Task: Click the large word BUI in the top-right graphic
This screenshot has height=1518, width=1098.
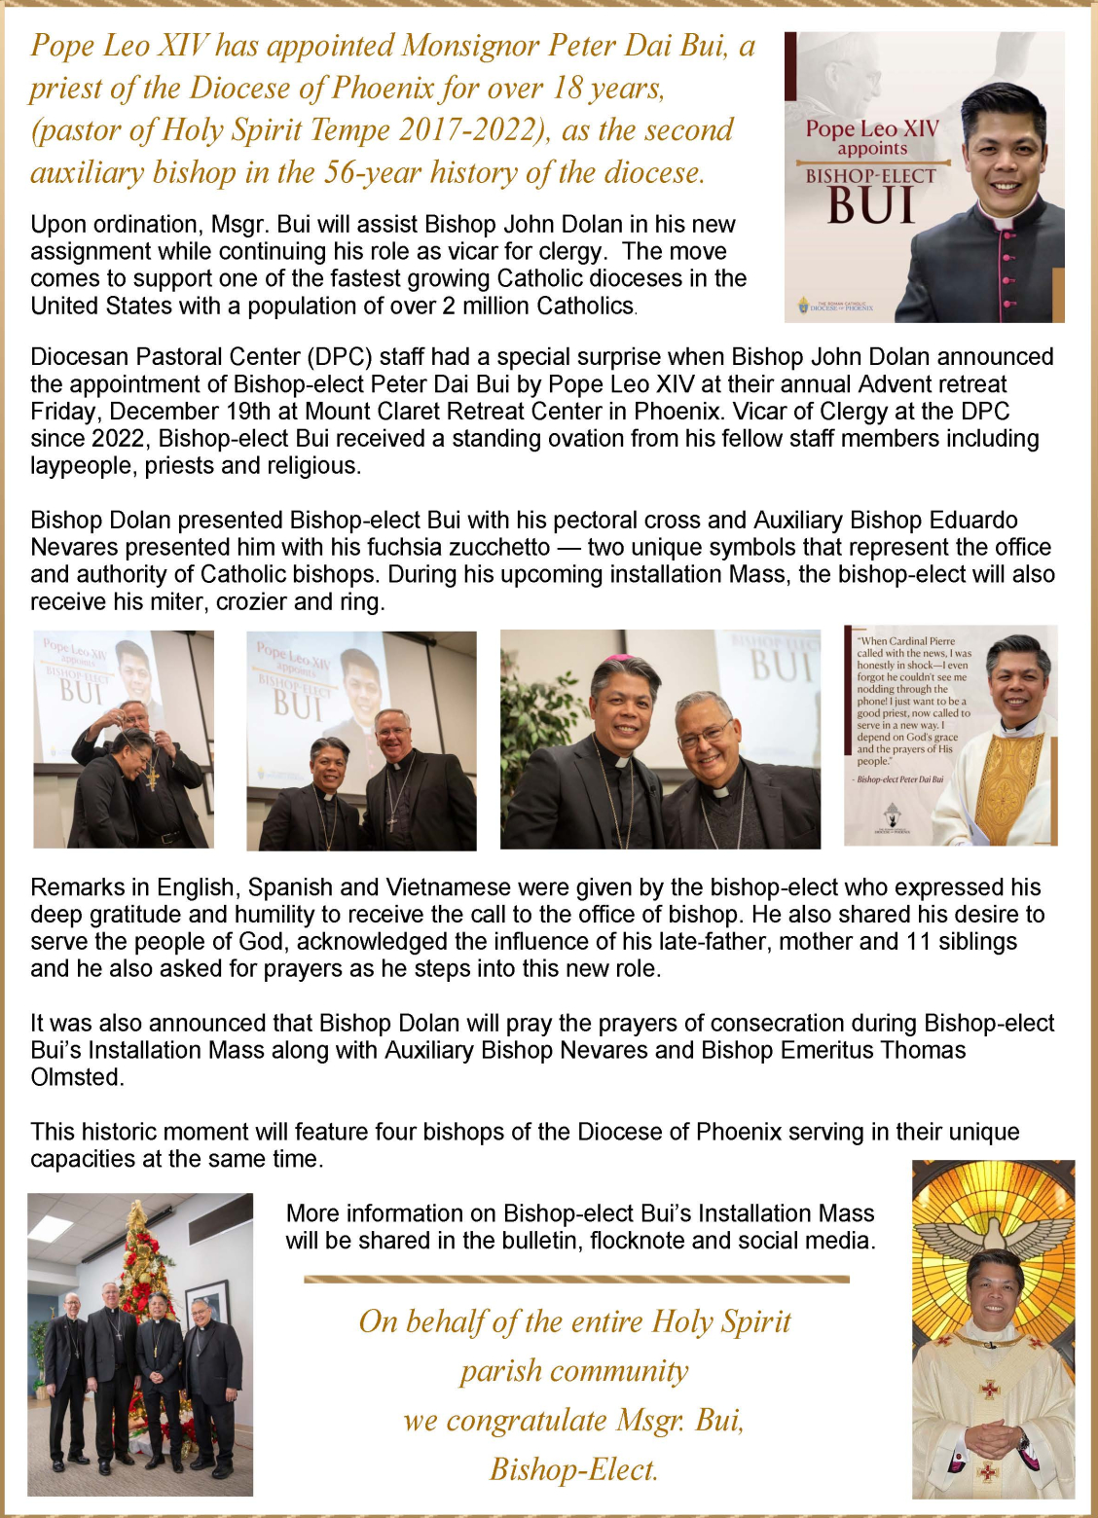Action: tap(871, 205)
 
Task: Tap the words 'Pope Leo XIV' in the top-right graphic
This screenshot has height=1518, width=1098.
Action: tap(872, 128)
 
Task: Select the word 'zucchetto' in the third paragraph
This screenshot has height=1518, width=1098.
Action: tap(498, 548)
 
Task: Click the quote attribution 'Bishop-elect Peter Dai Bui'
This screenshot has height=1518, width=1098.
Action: tap(900, 779)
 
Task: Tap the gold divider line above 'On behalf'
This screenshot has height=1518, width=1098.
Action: tap(576, 1279)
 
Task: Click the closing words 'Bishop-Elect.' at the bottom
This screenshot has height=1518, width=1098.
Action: tap(573, 1469)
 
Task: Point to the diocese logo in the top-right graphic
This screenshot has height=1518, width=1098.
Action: tap(804, 306)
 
